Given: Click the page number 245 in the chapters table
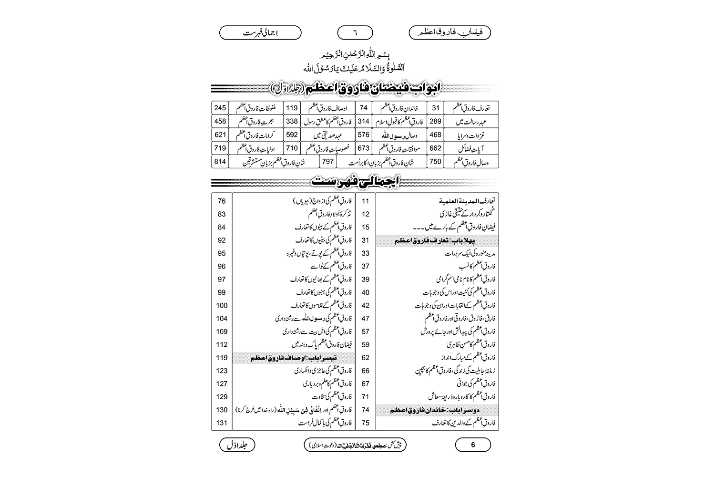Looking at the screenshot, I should (x=220, y=108).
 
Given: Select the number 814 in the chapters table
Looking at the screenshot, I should (x=220, y=161).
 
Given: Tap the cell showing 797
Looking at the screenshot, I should (x=327, y=161).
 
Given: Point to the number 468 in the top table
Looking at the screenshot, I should (x=435, y=135).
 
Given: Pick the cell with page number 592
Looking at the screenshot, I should (x=292, y=135).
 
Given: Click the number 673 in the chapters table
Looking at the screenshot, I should (x=364, y=148).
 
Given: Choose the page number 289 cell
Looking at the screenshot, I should (x=435, y=121).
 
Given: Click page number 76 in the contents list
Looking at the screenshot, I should (x=222, y=201).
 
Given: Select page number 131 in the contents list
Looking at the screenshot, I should (x=222, y=423).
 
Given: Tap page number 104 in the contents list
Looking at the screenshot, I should (x=222, y=318).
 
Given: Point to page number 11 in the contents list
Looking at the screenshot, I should (x=366, y=201).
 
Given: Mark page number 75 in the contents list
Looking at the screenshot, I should (x=366, y=423).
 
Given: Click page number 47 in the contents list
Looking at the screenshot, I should (x=366, y=318).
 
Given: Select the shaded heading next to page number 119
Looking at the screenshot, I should (x=294, y=358).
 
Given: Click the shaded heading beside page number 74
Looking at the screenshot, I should (x=437, y=410).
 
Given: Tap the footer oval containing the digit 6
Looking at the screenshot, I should (x=473, y=445).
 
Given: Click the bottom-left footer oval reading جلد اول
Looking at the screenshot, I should (x=237, y=445).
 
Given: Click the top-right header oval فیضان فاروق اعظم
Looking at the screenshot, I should (x=450, y=33).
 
